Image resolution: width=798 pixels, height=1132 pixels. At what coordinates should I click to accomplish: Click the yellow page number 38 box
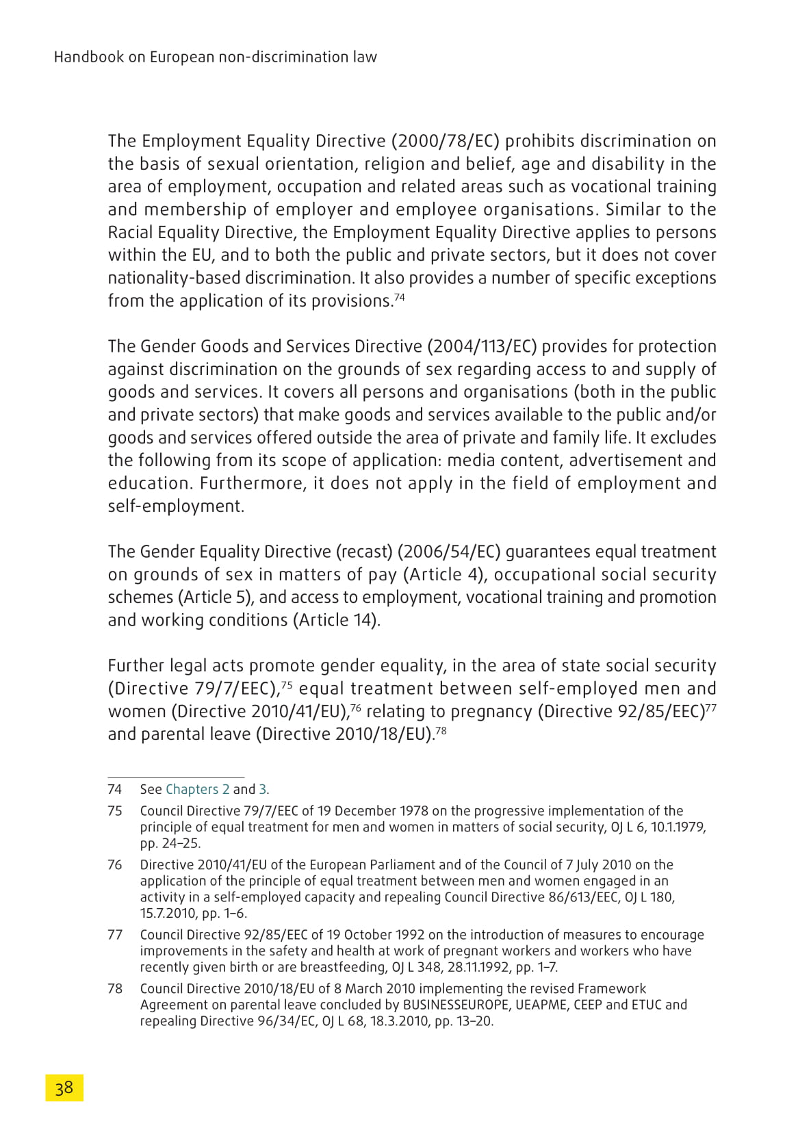pos(64,1088)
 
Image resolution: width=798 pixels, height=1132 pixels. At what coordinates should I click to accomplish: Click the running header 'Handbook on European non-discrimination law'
pos(215,57)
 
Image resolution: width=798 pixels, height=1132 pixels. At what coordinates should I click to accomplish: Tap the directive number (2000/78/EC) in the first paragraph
pos(446,141)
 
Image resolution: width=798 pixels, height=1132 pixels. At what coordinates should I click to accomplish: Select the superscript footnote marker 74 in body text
pos(400,297)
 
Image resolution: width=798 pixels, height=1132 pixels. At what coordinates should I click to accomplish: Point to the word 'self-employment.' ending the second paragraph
pos(176,506)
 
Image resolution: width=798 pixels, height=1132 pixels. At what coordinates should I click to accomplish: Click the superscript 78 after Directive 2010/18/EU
pos(441,730)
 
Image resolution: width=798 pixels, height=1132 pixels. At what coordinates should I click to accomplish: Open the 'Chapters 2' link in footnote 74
pos(197,789)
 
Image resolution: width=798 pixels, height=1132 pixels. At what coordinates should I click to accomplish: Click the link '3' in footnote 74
pos(262,789)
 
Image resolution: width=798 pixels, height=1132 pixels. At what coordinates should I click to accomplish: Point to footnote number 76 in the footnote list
pos(115,865)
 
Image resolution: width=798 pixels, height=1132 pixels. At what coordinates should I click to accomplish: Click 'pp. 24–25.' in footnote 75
pos(170,843)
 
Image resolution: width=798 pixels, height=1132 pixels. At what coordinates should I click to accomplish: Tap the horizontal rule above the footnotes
pos(176,777)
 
